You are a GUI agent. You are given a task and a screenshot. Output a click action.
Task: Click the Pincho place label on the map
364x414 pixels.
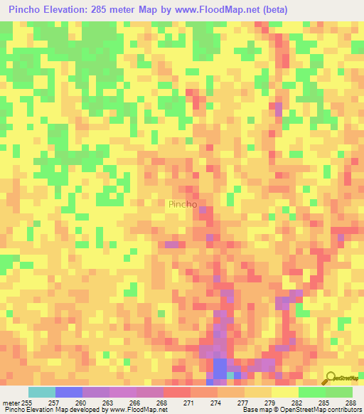183,204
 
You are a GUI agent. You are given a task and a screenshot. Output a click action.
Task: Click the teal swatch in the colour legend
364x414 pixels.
41,392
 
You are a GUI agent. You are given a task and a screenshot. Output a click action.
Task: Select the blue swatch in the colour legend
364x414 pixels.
68,392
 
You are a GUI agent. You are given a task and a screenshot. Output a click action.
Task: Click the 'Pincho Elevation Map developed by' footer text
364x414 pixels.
50,410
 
